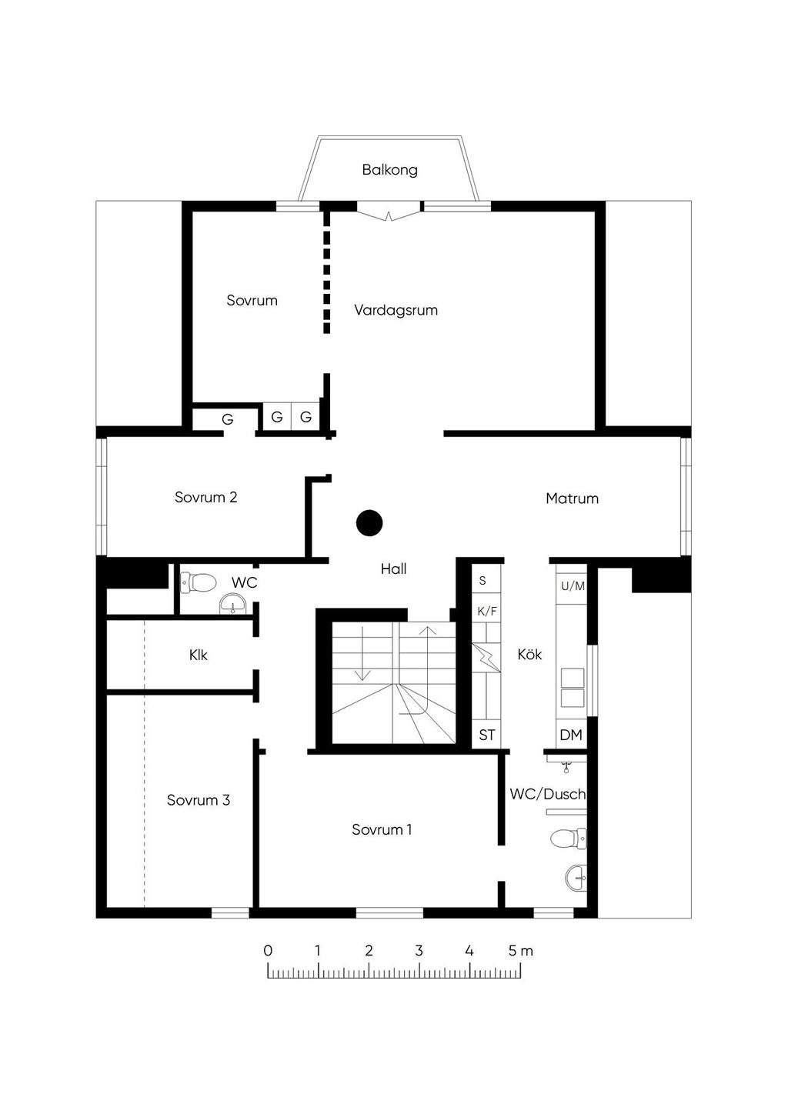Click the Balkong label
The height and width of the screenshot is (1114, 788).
tap(389, 170)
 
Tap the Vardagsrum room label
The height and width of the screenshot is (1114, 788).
tap(396, 310)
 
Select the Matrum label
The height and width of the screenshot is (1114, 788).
tap(572, 499)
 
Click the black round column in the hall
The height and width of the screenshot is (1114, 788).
tap(369, 522)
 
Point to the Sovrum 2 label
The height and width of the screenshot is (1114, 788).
tap(206, 497)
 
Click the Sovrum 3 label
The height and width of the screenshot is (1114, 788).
tap(199, 800)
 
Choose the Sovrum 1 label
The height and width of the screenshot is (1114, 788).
tap(382, 829)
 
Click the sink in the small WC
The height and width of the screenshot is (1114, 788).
tap(232, 603)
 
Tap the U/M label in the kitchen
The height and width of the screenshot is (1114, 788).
tap(573, 586)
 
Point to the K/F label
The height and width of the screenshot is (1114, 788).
tap(487, 612)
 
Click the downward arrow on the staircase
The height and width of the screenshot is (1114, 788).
tap(363, 653)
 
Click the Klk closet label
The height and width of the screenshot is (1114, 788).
tap(198, 655)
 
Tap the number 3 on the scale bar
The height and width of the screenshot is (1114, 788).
tap(419, 950)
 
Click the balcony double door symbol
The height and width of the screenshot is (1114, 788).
tap(389, 215)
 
